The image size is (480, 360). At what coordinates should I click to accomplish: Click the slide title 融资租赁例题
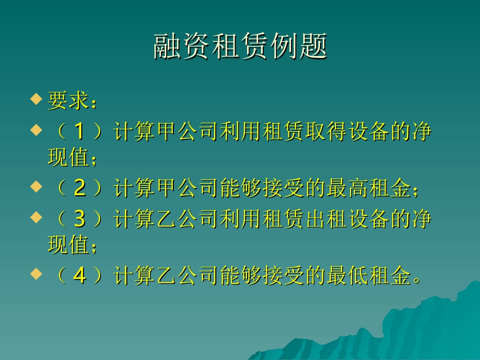[x=240, y=47]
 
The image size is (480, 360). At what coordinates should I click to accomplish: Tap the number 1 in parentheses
[x=79, y=132]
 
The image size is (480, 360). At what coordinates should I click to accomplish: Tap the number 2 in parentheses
[x=79, y=189]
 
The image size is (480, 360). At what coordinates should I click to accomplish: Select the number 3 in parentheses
[x=79, y=220]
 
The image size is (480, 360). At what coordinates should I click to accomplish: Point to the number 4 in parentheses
[x=79, y=276]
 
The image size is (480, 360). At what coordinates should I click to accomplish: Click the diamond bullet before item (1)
[x=35, y=130]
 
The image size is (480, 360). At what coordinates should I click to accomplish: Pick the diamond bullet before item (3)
[x=35, y=218]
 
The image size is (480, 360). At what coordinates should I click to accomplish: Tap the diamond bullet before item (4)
[x=35, y=274]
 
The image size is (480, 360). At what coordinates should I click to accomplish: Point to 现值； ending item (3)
[x=71, y=246]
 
